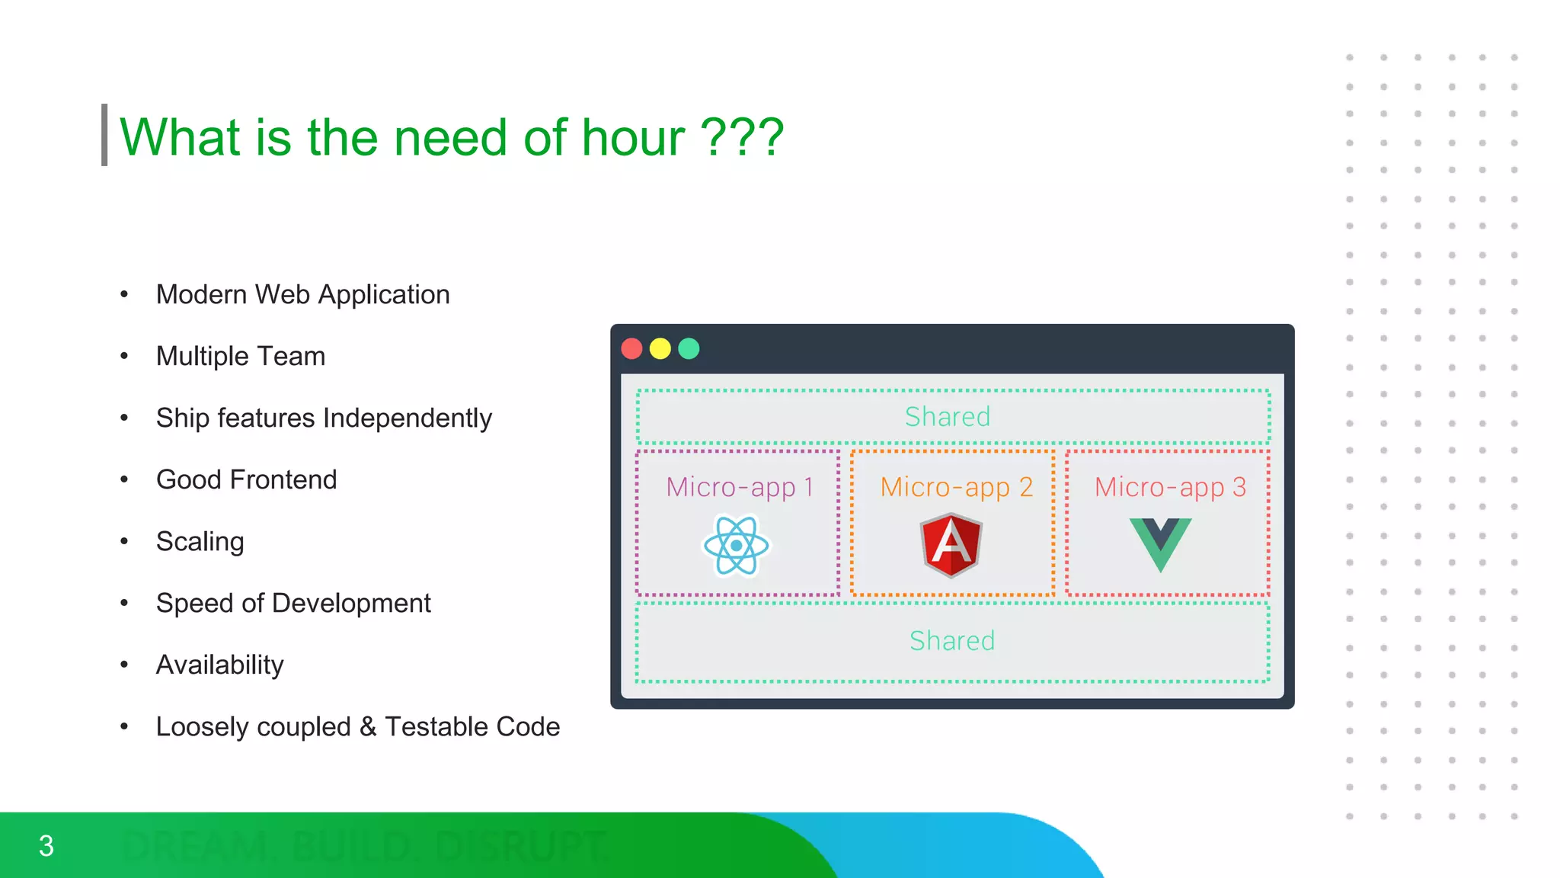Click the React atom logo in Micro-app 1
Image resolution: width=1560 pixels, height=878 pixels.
(x=736, y=546)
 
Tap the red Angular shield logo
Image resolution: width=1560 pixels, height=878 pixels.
(x=951, y=545)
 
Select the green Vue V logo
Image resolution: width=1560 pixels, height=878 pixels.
(x=1160, y=543)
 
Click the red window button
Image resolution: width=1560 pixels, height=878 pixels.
(x=632, y=349)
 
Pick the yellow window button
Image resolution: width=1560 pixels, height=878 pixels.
(x=660, y=349)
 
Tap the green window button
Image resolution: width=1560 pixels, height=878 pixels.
(x=689, y=349)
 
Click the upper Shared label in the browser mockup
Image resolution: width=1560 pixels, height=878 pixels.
(x=948, y=417)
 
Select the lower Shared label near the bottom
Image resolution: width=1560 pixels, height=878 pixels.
(x=952, y=641)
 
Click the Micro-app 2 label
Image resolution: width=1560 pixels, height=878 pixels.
(x=957, y=487)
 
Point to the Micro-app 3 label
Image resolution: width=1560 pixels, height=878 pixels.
(x=1170, y=487)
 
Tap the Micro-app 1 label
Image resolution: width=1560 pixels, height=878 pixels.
(x=740, y=487)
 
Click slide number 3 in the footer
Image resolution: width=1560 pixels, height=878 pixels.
(x=46, y=846)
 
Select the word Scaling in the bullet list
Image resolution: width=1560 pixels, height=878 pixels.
(x=200, y=542)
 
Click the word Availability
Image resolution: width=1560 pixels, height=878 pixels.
(x=219, y=665)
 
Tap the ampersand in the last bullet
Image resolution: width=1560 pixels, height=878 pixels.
(x=368, y=726)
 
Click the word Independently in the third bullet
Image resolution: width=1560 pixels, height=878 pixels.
(x=408, y=418)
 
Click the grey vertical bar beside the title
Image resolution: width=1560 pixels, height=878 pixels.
(x=104, y=135)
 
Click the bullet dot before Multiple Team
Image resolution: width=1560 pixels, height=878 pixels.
(x=124, y=356)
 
